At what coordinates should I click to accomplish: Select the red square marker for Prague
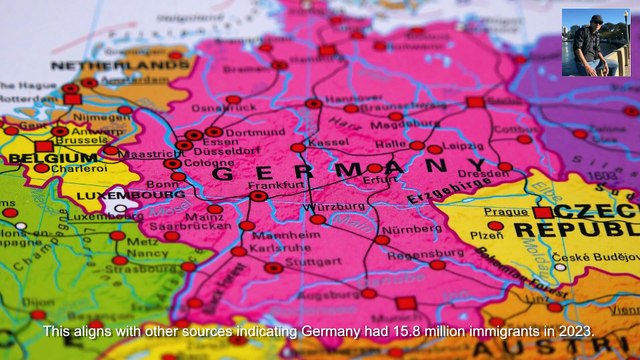pyautogui.click(x=542, y=213)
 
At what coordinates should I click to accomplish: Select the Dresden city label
pyautogui.click(x=485, y=173)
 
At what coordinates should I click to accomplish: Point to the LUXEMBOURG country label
pyautogui.click(x=98, y=194)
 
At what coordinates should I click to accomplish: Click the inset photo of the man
pyautogui.click(x=595, y=42)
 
